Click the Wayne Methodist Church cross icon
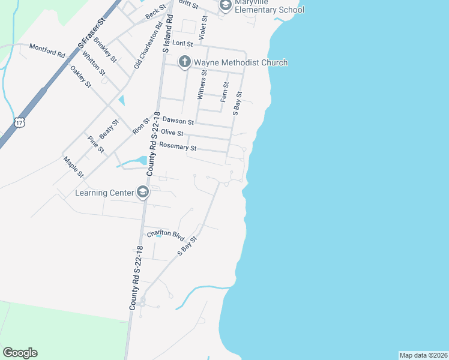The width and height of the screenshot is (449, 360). click(184, 62)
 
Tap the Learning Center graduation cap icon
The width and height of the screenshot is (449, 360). click(143, 192)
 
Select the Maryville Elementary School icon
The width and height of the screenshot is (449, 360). click(226, 6)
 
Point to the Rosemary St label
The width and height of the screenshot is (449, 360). click(178, 146)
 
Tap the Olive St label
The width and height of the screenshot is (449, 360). click(172, 133)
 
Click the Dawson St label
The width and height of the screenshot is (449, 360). click(178, 121)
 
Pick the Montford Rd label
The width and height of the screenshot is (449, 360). click(47, 50)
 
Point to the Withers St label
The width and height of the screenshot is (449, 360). click(202, 85)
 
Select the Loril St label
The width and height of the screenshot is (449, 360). click(182, 44)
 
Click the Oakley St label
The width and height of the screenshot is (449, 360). click(80, 76)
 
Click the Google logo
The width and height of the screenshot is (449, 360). click(20, 353)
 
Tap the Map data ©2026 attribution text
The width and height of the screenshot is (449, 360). click(423, 355)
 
